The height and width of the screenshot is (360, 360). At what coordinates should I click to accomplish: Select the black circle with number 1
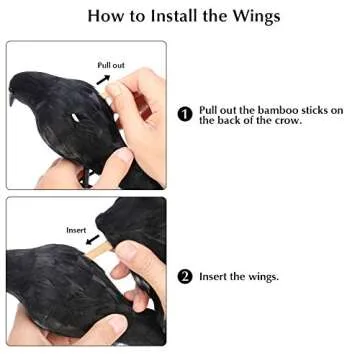tap(185, 114)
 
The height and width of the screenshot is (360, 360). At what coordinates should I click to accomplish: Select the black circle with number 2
tap(185, 276)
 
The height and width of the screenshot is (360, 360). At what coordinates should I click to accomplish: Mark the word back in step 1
tap(237, 120)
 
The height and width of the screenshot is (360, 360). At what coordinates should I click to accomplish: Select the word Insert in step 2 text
tap(215, 276)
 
